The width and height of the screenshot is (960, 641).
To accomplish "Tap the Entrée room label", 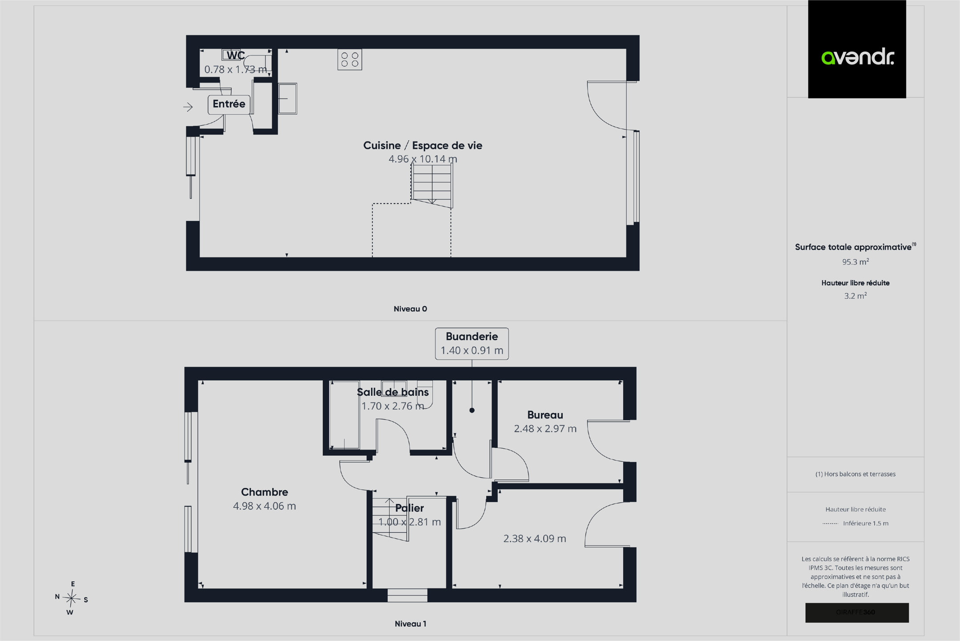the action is click(229, 104).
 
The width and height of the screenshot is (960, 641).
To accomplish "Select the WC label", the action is click(235, 55).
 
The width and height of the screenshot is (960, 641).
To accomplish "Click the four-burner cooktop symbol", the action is click(350, 60).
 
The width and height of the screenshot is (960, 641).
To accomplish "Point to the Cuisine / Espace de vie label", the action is click(423, 146).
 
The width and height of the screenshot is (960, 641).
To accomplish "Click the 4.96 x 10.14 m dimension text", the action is click(423, 159).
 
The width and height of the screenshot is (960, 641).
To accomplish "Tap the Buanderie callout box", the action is click(472, 344).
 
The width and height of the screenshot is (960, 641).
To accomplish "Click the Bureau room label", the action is click(545, 415).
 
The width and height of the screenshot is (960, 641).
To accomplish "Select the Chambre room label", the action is click(264, 492).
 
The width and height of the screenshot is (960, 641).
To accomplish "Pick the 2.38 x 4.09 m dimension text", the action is click(535, 539).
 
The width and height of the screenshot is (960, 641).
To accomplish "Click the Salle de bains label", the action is click(393, 392).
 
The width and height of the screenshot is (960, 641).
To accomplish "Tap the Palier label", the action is click(409, 508).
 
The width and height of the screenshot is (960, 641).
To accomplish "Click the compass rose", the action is click(71, 598).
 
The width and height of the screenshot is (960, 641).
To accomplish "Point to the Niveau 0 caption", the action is click(410, 309).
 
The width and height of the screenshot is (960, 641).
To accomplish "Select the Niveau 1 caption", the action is click(410, 624).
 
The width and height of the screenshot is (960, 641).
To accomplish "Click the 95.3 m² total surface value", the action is click(855, 262).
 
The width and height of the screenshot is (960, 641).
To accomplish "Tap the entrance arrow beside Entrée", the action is click(188, 107).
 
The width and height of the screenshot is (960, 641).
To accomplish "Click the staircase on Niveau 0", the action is click(432, 185).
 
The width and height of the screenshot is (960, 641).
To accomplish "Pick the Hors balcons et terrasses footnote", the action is click(855, 474).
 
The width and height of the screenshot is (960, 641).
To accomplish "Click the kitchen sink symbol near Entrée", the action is click(287, 98).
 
